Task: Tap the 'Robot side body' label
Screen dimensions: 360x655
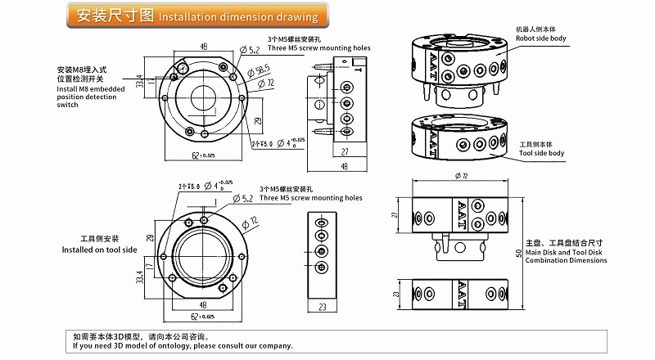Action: pyautogui.click(x=541, y=38)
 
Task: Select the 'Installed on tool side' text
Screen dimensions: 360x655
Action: pyautogui.click(x=99, y=250)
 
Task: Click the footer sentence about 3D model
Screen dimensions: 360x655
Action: pyautogui.click(x=182, y=345)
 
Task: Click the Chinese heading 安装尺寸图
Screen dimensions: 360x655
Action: pyautogui.click(x=111, y=16)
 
